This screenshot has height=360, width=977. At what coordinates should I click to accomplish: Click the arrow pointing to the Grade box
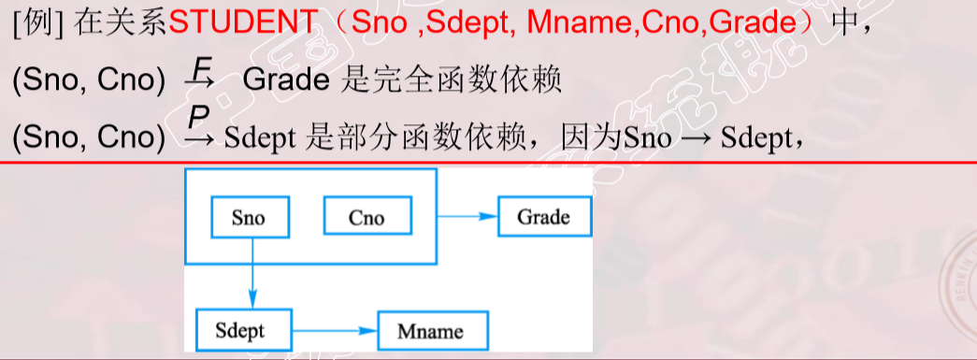point(467,217)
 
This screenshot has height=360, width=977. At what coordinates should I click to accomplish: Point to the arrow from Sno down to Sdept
point(251,273)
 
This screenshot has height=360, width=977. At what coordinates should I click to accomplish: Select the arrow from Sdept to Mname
point(336,331)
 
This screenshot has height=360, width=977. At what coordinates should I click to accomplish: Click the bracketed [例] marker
point(38,23)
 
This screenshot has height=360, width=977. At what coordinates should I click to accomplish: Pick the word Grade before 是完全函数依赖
point(286,81)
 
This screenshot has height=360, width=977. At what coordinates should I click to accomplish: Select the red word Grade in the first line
point(754,23)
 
